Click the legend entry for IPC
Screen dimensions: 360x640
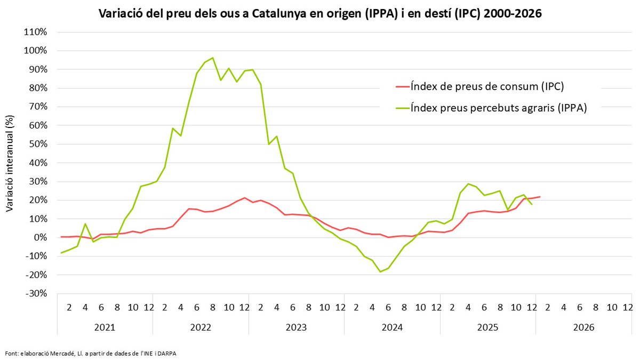(x=486, y=86)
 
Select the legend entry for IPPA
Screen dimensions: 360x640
(x=498, y=107)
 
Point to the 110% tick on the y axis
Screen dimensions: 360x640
(x=37, y=32)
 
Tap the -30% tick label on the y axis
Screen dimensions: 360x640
(x=37, y=293)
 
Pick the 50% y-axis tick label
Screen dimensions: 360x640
(x=38, y=144)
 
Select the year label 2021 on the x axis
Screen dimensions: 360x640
(x=105, y=327)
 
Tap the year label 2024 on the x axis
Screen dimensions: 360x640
(x=392, y=327)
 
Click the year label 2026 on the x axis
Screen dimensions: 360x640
(x=583, y=327)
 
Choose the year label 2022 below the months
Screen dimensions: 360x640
(x=201, y=327)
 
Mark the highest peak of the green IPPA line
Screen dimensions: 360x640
(x=213, y=58)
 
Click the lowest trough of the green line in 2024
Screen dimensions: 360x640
(x=380, y=271)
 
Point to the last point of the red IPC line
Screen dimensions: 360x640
(x=540, y=197)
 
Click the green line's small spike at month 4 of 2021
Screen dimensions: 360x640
(x=85, y=224)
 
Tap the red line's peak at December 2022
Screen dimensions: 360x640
(x=244, y=198)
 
